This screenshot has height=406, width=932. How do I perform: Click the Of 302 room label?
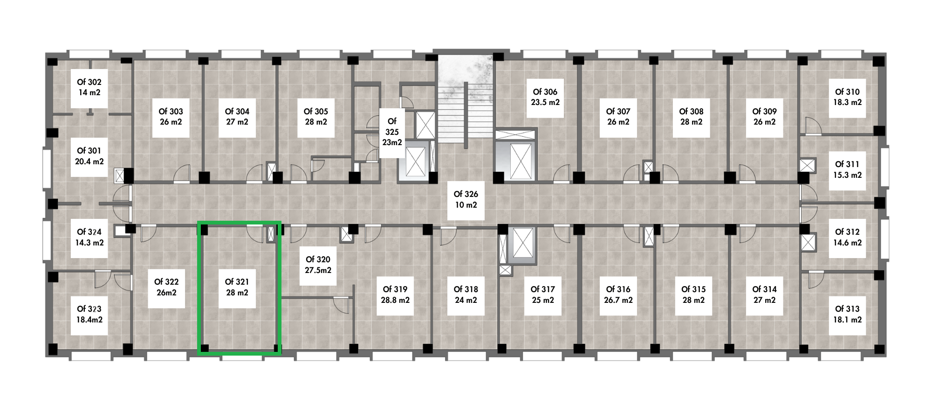click(x=89, y=82)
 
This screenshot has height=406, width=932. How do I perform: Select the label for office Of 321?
click(x=237, y=282)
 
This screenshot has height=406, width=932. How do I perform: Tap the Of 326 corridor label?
click(x=466, y=194)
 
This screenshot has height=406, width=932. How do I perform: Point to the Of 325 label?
click(x=392, y=127)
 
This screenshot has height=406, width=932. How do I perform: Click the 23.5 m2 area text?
click(x=545, y=102)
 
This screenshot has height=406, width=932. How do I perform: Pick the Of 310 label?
click(x=847, y=92)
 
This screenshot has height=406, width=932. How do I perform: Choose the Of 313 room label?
click(x=847, y=309)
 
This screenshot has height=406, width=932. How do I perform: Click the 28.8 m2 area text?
click(x=395, y=300)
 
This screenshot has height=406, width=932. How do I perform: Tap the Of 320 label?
click(x=318, y=259)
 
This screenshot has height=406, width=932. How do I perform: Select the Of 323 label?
click(x=89, y=309)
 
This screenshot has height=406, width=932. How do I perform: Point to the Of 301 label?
click(x=89, y=151)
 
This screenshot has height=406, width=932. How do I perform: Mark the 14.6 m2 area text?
click(x=847, y=243)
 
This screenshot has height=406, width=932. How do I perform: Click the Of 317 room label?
click(x=543, y=289)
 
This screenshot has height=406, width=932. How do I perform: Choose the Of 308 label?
click(x=691, y=112)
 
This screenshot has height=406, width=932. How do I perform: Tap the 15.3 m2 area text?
click(x=847, y=175)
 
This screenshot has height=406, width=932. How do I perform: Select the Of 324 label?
click(x=89, y=232)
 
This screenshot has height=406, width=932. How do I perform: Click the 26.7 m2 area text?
click(x=618, y=300)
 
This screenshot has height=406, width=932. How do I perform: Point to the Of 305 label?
click(x=316, y=112)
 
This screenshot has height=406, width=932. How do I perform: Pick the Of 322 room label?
click(x=166, y=282)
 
